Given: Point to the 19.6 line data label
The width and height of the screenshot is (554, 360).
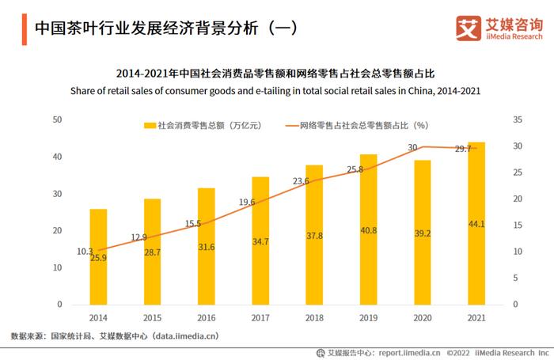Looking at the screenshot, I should click(x=247, y=203).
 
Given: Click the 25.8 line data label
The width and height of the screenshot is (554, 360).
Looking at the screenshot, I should click(x=355, y=169).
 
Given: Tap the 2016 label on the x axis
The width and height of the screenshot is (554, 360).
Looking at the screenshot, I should click(x=206, y=317).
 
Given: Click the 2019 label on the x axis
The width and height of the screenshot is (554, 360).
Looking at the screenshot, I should click(x=368, y=317).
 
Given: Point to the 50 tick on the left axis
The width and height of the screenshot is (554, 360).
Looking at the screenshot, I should click(x=57, y=119).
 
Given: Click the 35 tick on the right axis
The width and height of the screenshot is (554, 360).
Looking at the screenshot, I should click(x=518, y=119).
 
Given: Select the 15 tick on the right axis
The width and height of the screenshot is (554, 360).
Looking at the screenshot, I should click(x=518, y=225).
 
